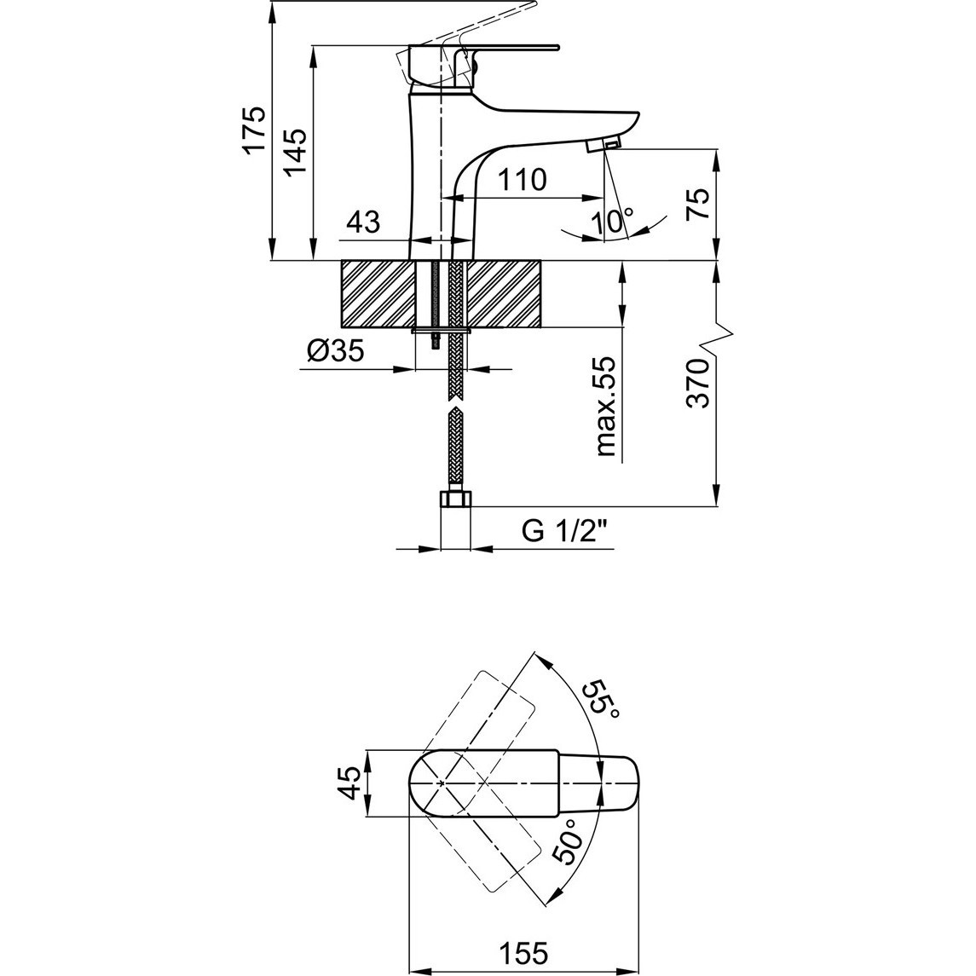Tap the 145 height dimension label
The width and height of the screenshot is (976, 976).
coord(294,153)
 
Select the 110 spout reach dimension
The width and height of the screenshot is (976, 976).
coord(523,181)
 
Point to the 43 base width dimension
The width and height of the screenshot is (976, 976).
coord(363,222)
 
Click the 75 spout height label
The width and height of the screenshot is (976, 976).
coord(698,205)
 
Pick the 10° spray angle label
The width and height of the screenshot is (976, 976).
coord(613,222)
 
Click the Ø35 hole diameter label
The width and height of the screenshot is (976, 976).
coord(336,352)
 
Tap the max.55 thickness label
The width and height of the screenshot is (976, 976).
coord(606,407)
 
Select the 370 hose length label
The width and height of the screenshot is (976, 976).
coord(698,384)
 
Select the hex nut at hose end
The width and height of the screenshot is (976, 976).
coord(456,500)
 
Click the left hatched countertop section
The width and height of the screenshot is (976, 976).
coord(378,294)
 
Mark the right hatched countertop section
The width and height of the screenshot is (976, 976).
coord(504,294)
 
